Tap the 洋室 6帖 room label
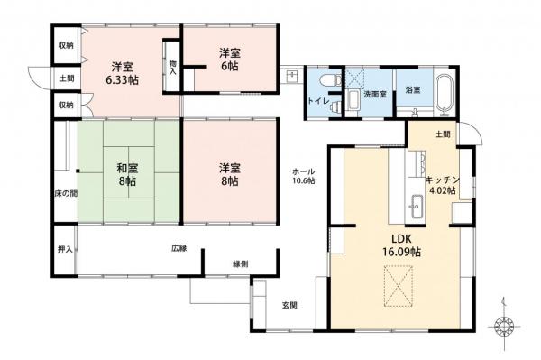pos(229,60)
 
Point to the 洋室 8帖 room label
pos(229,174)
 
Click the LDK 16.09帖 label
pos(394,245)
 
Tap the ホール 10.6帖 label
pos(302,177)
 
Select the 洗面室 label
pos(373,93)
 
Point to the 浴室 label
pos(413,89)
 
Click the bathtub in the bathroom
pos(445,96)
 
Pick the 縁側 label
pos(241,263)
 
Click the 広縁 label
pos(179,247)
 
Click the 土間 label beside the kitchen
pos(442,134)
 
